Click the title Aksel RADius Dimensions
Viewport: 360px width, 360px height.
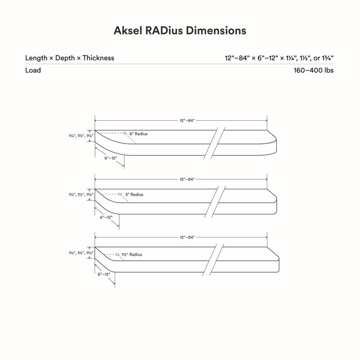coord(180,30)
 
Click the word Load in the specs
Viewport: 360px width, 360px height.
coord(33,70)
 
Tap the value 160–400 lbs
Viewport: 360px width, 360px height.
coord(314,70)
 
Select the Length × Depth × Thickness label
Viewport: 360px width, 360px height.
coord(69,58)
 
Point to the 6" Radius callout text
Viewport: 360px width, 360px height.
coord(138,134)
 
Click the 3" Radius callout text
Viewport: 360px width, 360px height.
coord(134,194)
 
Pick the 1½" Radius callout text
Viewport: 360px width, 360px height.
coord(132,255)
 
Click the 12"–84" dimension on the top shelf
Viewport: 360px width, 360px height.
coord(187,120)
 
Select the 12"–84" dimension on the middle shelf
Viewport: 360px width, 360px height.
coord(187,179)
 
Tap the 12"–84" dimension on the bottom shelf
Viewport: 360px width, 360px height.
coord(187,237)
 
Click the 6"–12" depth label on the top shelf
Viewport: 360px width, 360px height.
coord(111,158)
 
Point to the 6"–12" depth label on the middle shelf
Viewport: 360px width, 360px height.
coord(106,217)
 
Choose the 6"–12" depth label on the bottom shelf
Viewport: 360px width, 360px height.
coord(104,274)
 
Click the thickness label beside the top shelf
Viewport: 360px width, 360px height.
coord(81,136)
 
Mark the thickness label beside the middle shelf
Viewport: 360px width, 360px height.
coord(81,195)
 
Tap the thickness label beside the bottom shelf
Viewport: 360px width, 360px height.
coord(81,253)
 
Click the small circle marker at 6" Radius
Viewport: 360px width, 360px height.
coord(125,133)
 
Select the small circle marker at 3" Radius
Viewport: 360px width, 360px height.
coord(120,194)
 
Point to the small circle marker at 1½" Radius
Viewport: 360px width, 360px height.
coord(117,255)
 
